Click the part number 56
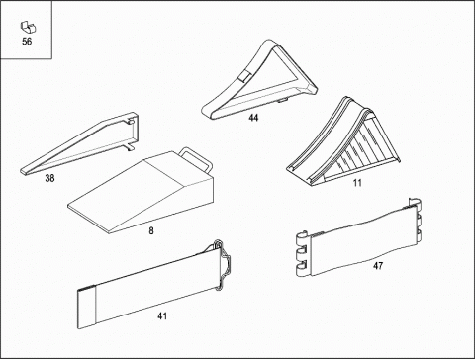click(27, 42)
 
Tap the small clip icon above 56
click(28, 28)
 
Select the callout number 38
click(49, 178)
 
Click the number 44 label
click(253, 118)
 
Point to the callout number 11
click(357, 183)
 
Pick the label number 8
click(151, 230)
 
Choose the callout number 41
click(162, 316)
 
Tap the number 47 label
click(378, 265)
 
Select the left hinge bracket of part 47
click(304, 254)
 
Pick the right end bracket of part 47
click(417, 220)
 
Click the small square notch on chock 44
click(244, 76)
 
